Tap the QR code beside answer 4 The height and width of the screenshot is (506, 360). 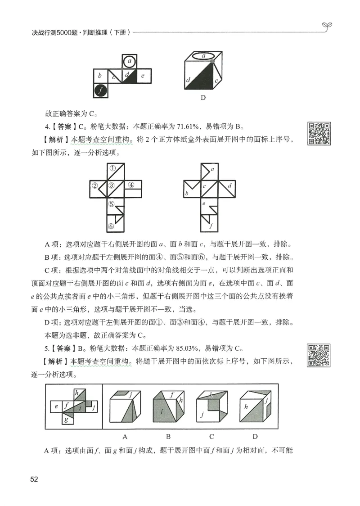[x=319, y=133]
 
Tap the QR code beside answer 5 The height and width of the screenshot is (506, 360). [x=319, y=354]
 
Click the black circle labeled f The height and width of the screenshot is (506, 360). [x=101, y=90]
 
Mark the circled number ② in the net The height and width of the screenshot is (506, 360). [x=95, y=185]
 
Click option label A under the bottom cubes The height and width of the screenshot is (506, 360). [x=125, y=436]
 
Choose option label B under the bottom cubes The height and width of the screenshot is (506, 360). [x=168, y=436]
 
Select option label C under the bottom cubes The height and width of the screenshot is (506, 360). [x=211, y=436]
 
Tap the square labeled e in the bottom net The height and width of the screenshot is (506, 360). [x=56, y=407]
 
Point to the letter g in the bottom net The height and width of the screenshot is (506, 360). [x=66, y=420]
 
